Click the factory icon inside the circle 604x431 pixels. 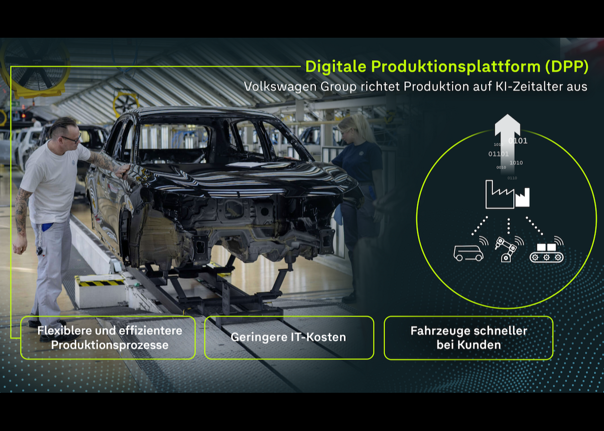[x=507, y=195]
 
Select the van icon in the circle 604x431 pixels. [x=469, y=253]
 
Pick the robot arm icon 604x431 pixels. [x=507, y=250]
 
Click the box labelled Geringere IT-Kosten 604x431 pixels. [x=289, y=337]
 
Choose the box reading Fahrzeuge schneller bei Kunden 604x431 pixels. [x=468, y=337]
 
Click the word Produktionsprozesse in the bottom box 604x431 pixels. [x=110, y=346]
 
